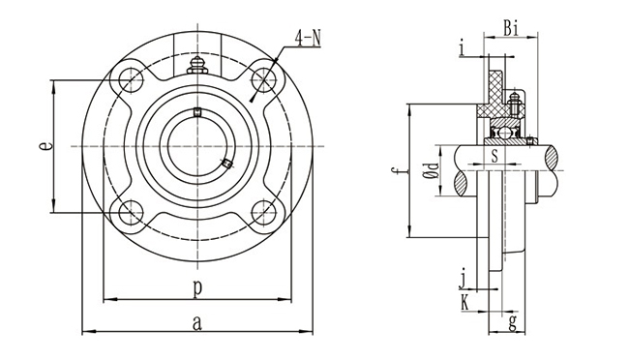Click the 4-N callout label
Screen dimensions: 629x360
308,39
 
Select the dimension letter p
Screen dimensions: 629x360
197,288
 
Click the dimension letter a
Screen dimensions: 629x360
197,323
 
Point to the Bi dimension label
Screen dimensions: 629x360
512,28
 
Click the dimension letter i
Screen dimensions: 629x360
463,48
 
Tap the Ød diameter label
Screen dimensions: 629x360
432,169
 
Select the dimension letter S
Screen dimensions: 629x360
494,155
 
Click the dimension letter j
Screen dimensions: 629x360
464,279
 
